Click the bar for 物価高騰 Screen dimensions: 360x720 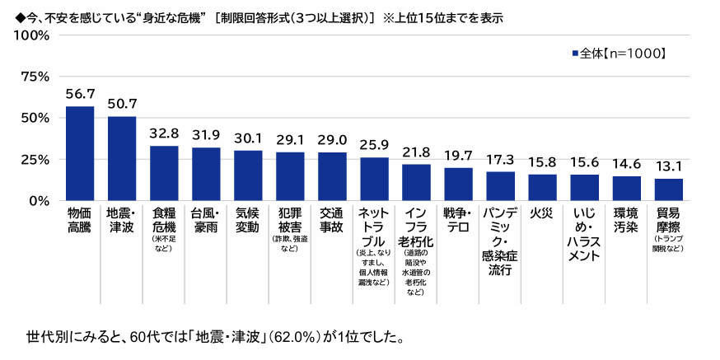[x=80, y=153]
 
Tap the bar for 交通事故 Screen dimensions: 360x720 [x=332, y=176]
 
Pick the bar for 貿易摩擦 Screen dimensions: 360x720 [x=668, y=189]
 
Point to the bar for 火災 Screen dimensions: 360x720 [x=542, y=187]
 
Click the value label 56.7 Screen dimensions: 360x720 [x=80, y=95]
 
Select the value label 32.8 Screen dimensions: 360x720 [x=164, y=134]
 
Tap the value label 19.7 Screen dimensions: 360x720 [x=458, y=156]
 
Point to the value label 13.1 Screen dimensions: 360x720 [x=668, y=166]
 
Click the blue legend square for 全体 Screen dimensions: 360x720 [x=575, y=54]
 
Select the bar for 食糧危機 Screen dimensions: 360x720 [x=164, y=173]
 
